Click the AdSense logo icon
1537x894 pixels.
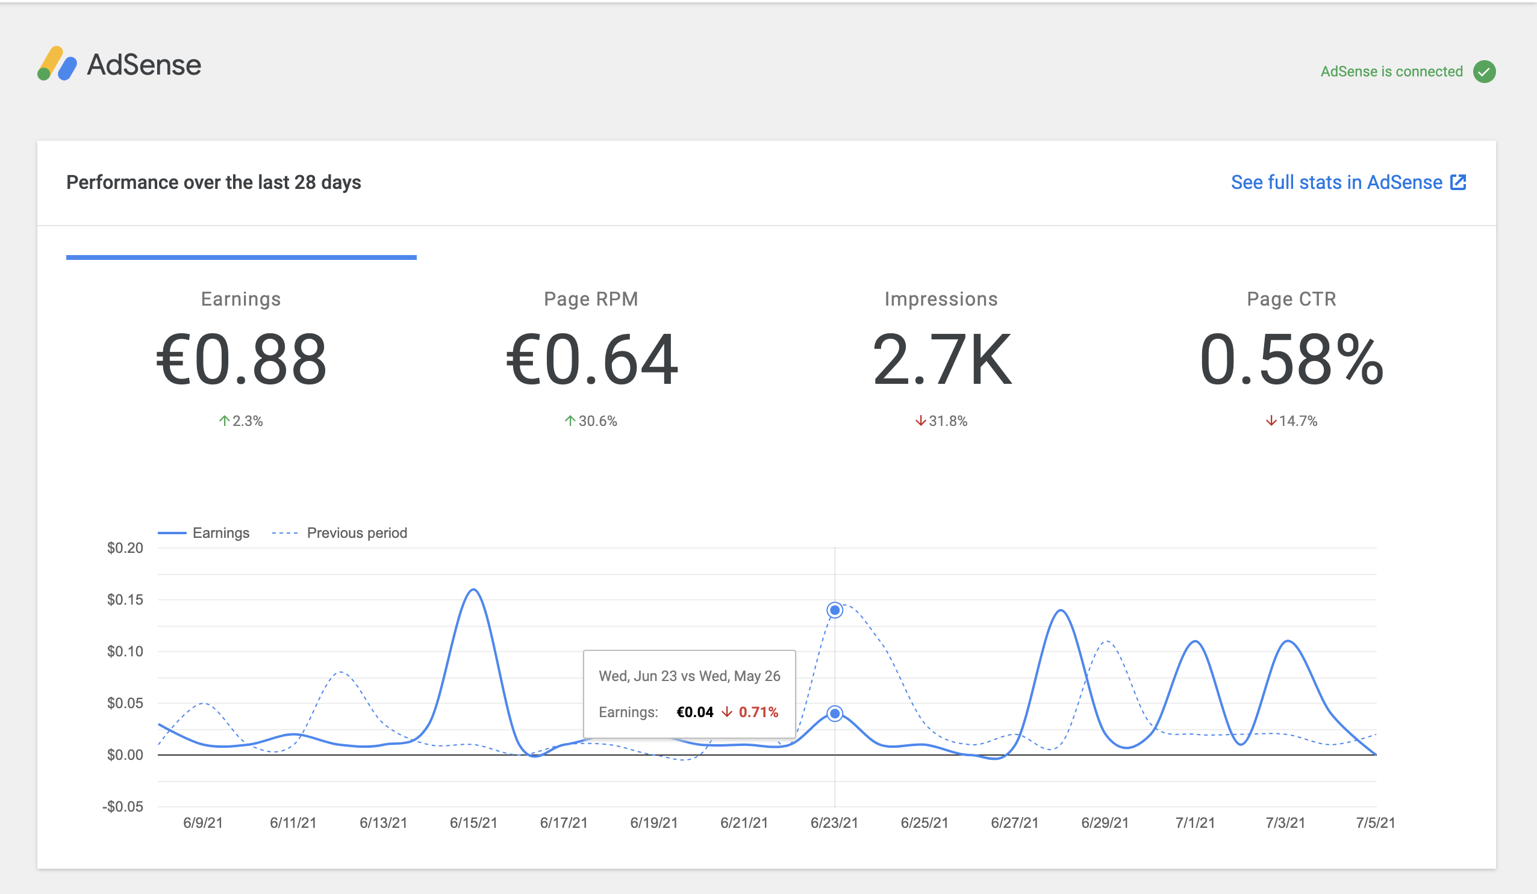coord(57,64)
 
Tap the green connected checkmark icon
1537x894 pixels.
coord(1484,72)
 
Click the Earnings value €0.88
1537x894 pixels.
coord(241,360)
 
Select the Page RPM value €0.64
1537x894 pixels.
coord(591,360)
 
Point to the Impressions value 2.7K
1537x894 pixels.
coord(941,360)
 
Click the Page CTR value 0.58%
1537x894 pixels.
coord(1291,360)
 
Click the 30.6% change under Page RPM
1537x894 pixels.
coord(591,421)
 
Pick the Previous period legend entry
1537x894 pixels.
coord(356,533)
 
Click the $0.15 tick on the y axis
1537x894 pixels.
coord(125,600)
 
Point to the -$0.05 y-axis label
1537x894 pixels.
coord(123,807)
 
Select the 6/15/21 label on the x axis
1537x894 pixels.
coord(473,822)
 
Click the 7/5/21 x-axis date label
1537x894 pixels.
coord(1375,822)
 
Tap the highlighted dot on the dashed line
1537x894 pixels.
coord(834,610)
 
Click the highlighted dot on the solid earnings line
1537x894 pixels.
coord(834,714)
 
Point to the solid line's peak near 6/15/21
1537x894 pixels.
coord(474,590)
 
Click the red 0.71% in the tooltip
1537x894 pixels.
coord(758,712)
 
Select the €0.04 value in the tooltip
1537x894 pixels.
coord(694,712)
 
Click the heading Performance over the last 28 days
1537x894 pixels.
coord(213,182)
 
